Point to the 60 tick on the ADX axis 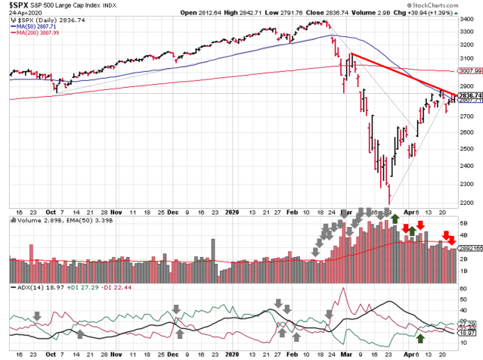pos(461,289)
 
